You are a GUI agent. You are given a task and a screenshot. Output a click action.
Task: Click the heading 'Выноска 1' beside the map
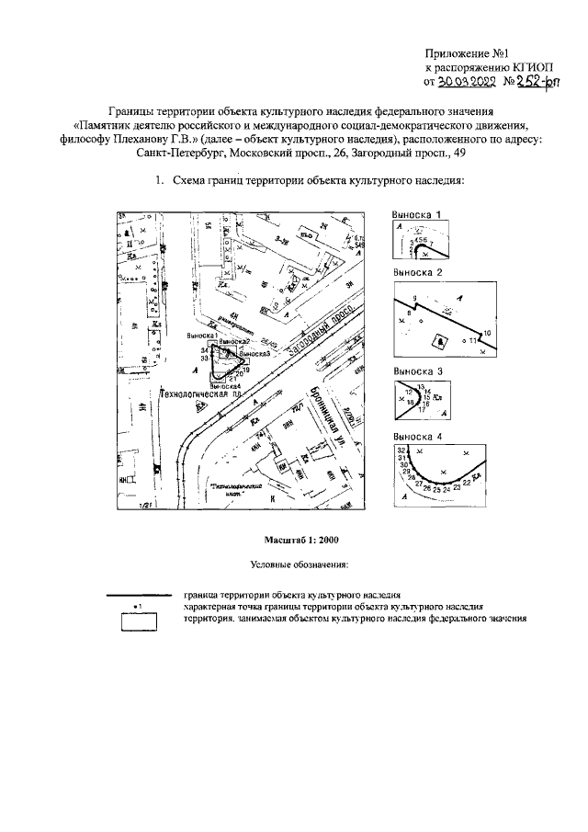[418, 214]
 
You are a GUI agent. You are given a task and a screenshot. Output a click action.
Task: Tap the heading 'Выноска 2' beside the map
[418, 274]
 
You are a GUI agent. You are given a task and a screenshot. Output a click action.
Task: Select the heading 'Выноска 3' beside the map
[418, 371]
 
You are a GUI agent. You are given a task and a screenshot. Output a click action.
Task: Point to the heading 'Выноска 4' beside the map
[418, 436]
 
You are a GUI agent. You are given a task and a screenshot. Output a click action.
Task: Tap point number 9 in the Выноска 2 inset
[415, 299]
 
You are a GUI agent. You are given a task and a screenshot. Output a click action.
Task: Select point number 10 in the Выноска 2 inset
[488, 331]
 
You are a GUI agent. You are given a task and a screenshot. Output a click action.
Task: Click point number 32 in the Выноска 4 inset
[401, 450]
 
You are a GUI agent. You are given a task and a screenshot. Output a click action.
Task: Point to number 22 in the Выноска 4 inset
[467, 482]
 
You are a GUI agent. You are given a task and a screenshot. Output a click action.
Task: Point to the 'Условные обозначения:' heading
[293, 562]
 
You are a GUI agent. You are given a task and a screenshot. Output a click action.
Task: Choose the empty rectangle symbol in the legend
[139, 621]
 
